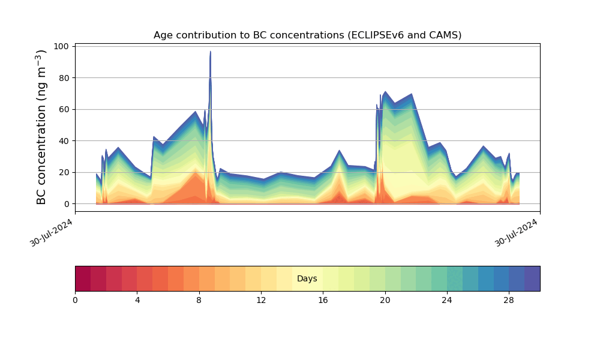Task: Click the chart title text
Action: click(307, 35)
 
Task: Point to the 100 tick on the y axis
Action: click(61, 46)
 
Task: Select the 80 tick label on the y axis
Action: click(64, 78)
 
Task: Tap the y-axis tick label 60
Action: click(64, 109)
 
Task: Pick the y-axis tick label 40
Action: click(64, 141)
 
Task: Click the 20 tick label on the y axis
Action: click(64, 173)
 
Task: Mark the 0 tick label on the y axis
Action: click(67, 204)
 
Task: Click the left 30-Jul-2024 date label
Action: click(51, 233)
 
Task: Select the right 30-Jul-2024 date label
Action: click(517, 233)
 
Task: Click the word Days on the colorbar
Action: click(307, 278)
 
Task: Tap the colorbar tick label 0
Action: click(75, 301)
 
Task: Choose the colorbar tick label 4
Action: click(137, 301)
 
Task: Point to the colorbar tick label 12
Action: click(261, 301)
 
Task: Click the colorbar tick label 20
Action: click(385, 301)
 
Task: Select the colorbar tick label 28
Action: click(509, 301)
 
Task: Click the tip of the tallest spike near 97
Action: click(210, 51)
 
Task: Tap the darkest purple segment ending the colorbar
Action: click(532, 278)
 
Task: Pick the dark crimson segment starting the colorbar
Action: click(83, 278)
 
